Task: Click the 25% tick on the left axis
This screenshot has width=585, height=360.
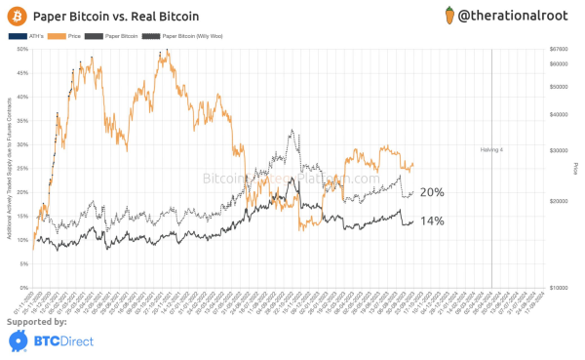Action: point(22,168)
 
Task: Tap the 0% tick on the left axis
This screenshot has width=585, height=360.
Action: point(23,287)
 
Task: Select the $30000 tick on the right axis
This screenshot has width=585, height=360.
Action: point(558,151)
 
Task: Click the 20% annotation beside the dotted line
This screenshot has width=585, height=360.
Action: point(432,192)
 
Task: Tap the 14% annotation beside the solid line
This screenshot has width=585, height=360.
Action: point(432,221)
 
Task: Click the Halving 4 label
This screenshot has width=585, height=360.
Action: point(490,150)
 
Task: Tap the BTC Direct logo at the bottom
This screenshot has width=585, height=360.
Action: point(49,340)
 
